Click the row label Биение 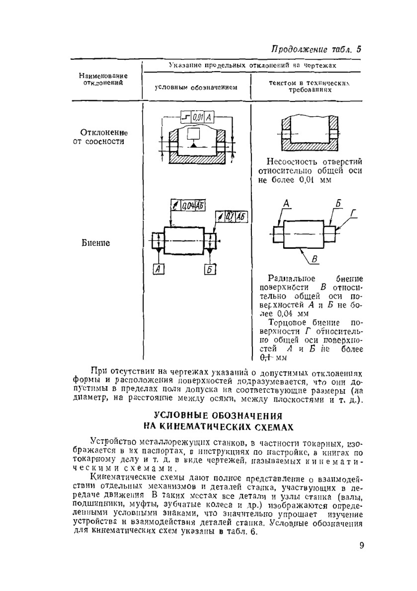pyautogui.click(x=96, y=243)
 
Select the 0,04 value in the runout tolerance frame pyautogui.click(x=190, y=205)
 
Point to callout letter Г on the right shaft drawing pyautogui.click(x=354, y=214)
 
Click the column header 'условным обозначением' pyautogui.click(x=196, y=88)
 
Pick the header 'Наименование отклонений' pyautogui.click(x=103, y=79)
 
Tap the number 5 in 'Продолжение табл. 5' pyautogui.click(x=358, y=50)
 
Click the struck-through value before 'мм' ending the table pyautogui.click(x=266, y=358)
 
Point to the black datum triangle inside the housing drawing pyautogui.click(x=193, y=145)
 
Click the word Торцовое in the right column pyautogui.click(x=287, y=323)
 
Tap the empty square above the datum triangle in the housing pyautogui.click(x=193, y=133)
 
